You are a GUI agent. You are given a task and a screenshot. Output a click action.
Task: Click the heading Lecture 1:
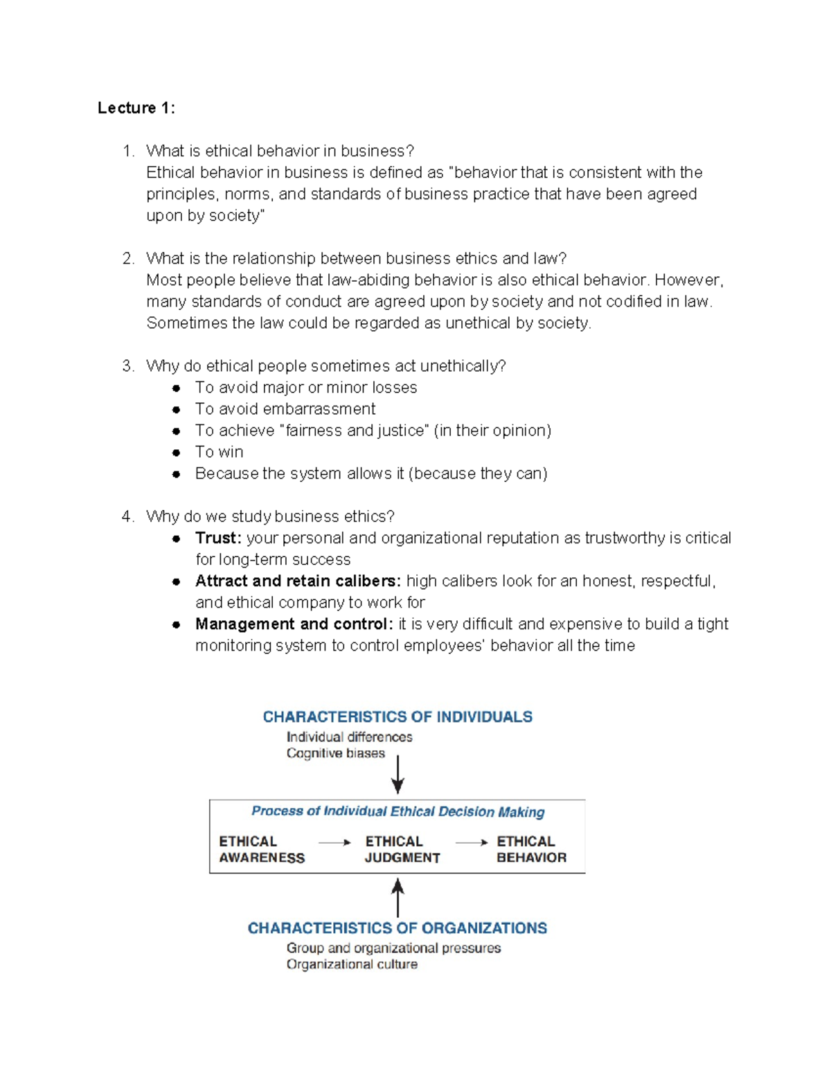coord(136,108)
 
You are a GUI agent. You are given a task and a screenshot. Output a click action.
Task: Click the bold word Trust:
coord(217,538)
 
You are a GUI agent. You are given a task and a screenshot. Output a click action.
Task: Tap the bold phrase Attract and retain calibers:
coord(298,581)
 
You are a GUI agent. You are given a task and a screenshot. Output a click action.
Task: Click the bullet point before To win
coord(177,453)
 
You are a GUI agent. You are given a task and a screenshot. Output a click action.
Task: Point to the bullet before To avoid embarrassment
coord(177,410)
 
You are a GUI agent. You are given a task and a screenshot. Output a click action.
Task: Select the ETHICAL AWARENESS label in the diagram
coord(261,849)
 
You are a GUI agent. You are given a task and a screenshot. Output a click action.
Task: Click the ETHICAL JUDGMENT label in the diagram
coord(402,849)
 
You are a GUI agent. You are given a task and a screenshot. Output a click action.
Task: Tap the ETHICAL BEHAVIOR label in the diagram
coord(531,849)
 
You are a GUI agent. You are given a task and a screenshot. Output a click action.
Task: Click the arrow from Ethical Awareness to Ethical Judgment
coord(334,842)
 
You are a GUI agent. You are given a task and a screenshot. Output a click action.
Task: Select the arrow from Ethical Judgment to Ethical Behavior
coord(472,842)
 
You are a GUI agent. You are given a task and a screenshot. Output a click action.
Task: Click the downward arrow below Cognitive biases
coord(397,774)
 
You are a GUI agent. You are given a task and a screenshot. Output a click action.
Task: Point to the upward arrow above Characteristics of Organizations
coord(397,897)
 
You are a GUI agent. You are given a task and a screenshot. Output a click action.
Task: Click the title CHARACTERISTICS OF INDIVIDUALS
coord(397,717)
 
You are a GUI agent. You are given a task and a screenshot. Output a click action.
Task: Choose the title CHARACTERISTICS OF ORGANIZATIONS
coord(397,928)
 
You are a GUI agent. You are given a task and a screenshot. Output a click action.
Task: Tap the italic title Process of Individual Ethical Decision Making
coord(397,811)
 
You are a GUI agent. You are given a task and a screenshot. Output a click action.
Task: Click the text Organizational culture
coord(352,965)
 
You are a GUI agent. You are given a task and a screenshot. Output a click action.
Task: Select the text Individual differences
coord(349,737)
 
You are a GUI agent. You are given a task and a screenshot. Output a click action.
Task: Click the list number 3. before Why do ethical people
coord(128,366)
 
